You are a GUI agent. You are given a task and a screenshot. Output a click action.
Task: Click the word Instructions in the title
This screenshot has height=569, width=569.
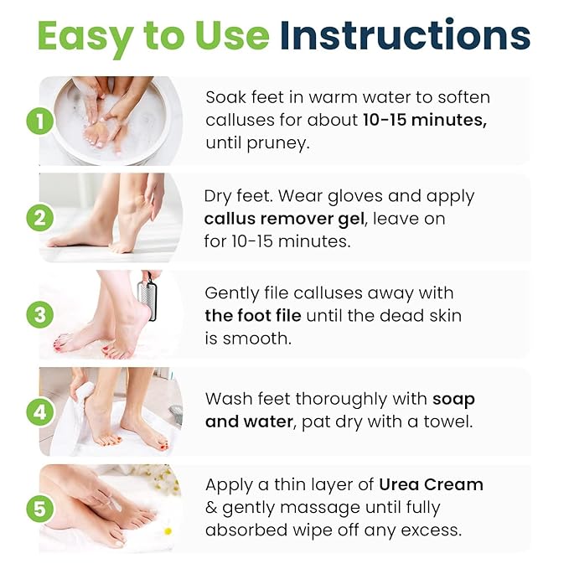[405, 36]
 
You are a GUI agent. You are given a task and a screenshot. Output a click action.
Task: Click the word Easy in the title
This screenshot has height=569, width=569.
[86, 36]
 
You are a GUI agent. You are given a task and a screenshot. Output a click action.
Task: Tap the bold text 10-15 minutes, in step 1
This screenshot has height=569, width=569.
[425, 120]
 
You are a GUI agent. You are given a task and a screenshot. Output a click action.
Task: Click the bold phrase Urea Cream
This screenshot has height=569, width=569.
[431, 484]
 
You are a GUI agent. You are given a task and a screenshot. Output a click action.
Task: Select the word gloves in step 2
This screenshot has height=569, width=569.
[364, 196]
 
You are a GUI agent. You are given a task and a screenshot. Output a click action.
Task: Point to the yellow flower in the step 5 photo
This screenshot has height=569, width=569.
[168, 530]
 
